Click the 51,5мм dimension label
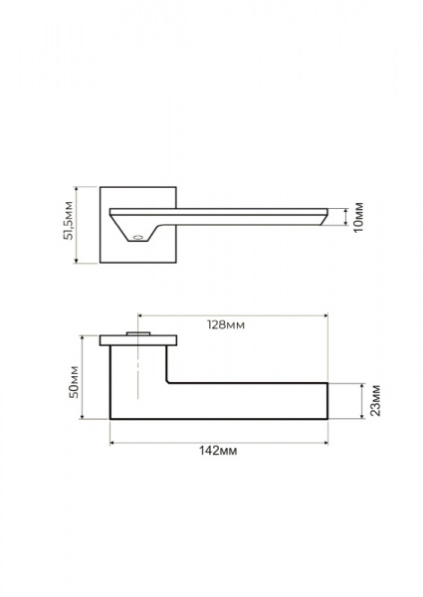coord(68,221)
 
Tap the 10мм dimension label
coord(358,217)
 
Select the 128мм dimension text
coord(226,324)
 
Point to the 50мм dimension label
coord(74,382)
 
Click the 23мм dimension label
coord(375,401)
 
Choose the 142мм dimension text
coord(218,451)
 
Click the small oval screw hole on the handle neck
coord(137,238)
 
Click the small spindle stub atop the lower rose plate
coord(138,334)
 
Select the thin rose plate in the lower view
coord(138,340)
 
